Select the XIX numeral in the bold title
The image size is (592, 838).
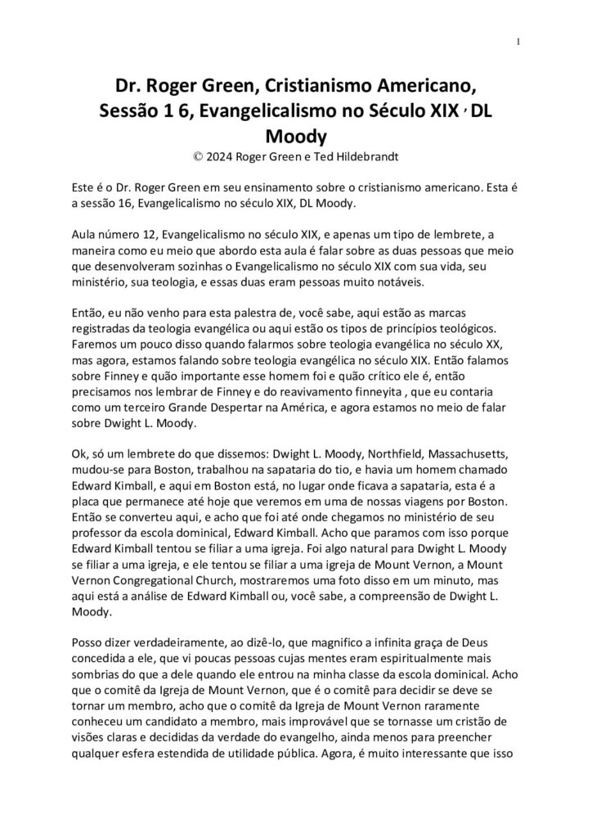[439, 110]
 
